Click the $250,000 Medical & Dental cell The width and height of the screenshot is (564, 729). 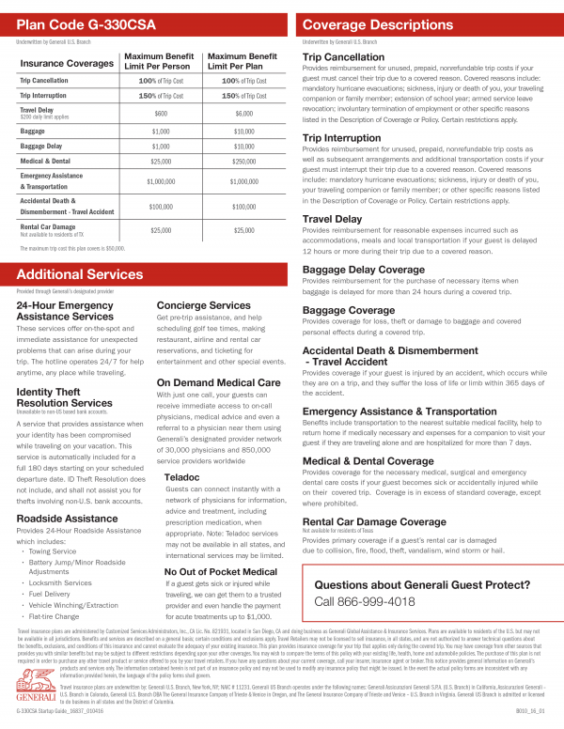click(243, 162)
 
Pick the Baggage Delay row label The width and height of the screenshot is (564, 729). click(41, 146)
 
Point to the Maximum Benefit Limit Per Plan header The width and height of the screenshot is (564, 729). click(243, 62)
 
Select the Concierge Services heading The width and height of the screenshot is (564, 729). click(203, 305)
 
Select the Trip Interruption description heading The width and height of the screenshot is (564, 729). click(347, 138)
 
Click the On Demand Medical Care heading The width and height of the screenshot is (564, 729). click(218, 382)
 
